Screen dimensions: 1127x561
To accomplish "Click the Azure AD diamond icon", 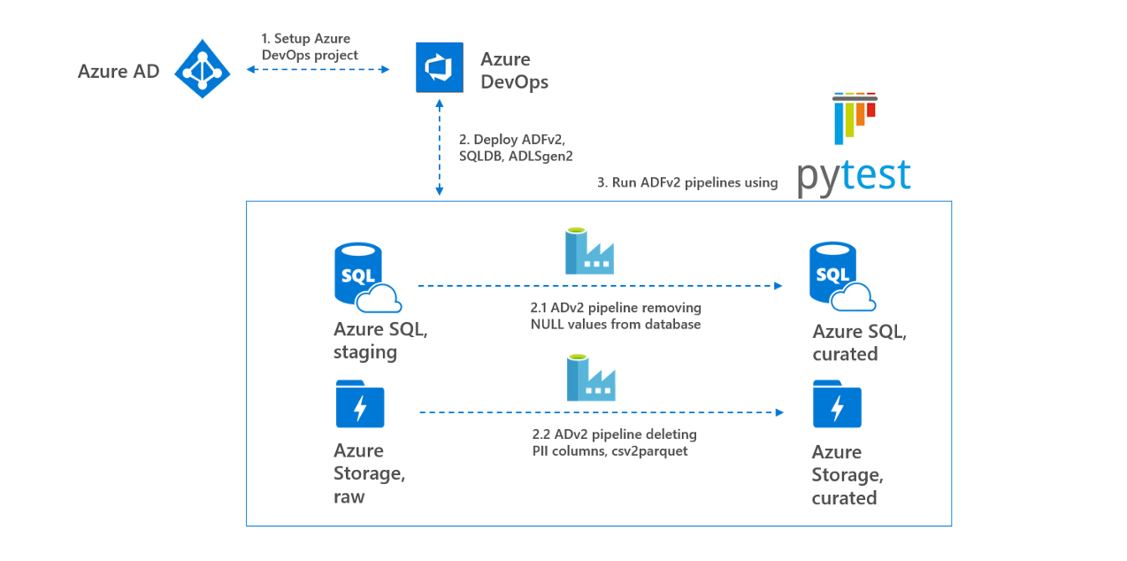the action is [203, 69].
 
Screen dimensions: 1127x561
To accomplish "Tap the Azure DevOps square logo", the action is [440, 67].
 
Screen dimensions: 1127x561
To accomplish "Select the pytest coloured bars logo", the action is [855, 119].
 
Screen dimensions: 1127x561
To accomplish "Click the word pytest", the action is [854, 177].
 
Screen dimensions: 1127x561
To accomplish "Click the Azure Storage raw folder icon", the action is [360, 404].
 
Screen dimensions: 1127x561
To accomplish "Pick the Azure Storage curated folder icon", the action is [837, 404].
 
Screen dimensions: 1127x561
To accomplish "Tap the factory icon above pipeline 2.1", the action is [590, 251].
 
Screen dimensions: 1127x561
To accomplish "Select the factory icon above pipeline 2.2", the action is [591, 378].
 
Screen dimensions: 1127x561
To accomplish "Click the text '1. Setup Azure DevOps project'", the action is [310, 47].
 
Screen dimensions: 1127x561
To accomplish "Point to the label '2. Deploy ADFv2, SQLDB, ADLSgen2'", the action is [516, 148].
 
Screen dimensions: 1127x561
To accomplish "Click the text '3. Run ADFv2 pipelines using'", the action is [687, 182].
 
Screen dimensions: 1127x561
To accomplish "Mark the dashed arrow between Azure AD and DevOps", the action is [318, 69].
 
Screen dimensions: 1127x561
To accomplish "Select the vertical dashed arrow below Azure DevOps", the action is [440, 148].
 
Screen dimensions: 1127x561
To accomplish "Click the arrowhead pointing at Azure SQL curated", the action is [778, 286].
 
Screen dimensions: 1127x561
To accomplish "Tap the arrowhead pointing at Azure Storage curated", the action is [780, 412].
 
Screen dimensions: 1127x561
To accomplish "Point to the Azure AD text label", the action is [119, 72].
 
